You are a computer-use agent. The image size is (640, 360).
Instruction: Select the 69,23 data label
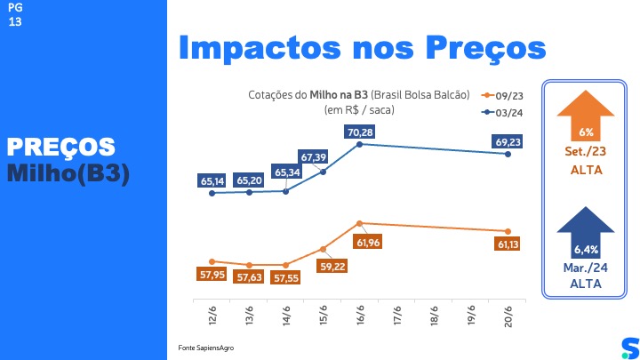click(x=507, y=140)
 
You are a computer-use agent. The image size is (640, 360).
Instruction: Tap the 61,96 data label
click(x=369, y=242)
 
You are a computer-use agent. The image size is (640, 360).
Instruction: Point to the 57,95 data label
click(x=212, y=275)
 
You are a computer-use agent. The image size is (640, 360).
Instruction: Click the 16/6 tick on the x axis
click(x=360, y=314)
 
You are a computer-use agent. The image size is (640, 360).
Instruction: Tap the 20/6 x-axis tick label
click(x=508, y=314)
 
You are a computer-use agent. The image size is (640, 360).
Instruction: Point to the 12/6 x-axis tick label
click(x=212, y=314)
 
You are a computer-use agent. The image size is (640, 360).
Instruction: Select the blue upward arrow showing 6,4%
click(x=586, y=232)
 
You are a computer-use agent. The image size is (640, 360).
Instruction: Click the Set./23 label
click(x=586, y=152)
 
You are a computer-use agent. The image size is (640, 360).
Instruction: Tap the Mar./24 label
click(x=586, y=268)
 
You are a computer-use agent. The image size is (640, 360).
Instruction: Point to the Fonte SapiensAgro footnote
click(x=201, y=346)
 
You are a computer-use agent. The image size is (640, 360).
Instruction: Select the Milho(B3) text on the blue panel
click(x=68, y=173)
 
